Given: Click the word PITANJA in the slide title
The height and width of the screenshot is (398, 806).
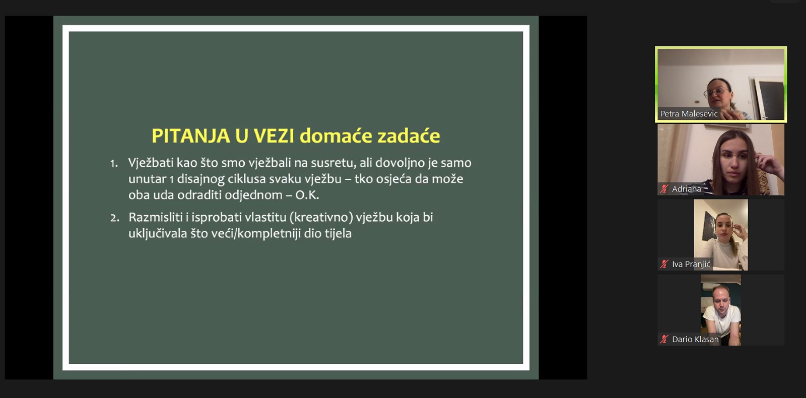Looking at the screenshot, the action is pos(191,136).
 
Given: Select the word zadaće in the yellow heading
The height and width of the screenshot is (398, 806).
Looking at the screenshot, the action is pos(409,136).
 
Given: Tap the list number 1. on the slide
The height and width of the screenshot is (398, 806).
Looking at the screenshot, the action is pos(114,164).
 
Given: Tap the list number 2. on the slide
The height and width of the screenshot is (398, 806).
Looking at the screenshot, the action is pos(115,218).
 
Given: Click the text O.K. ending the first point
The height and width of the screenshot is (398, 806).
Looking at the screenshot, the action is pos(307,195).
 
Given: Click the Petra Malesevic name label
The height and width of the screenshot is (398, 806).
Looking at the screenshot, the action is pos(689,114).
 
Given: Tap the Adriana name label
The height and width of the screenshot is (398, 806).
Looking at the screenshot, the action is pos(686,189).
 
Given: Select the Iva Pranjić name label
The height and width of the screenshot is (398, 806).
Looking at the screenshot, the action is pos(691,264).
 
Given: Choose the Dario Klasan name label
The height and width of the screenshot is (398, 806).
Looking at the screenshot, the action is pos(695,340).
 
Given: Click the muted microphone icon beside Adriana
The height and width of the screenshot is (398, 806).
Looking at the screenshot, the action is pos(664,189).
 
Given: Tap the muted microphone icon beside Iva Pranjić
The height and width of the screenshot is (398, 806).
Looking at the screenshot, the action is pos(664,264).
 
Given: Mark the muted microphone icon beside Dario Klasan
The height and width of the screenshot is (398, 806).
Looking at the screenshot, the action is pos(664,340).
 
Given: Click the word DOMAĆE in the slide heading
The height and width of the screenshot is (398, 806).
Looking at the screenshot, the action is pos(336,136).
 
